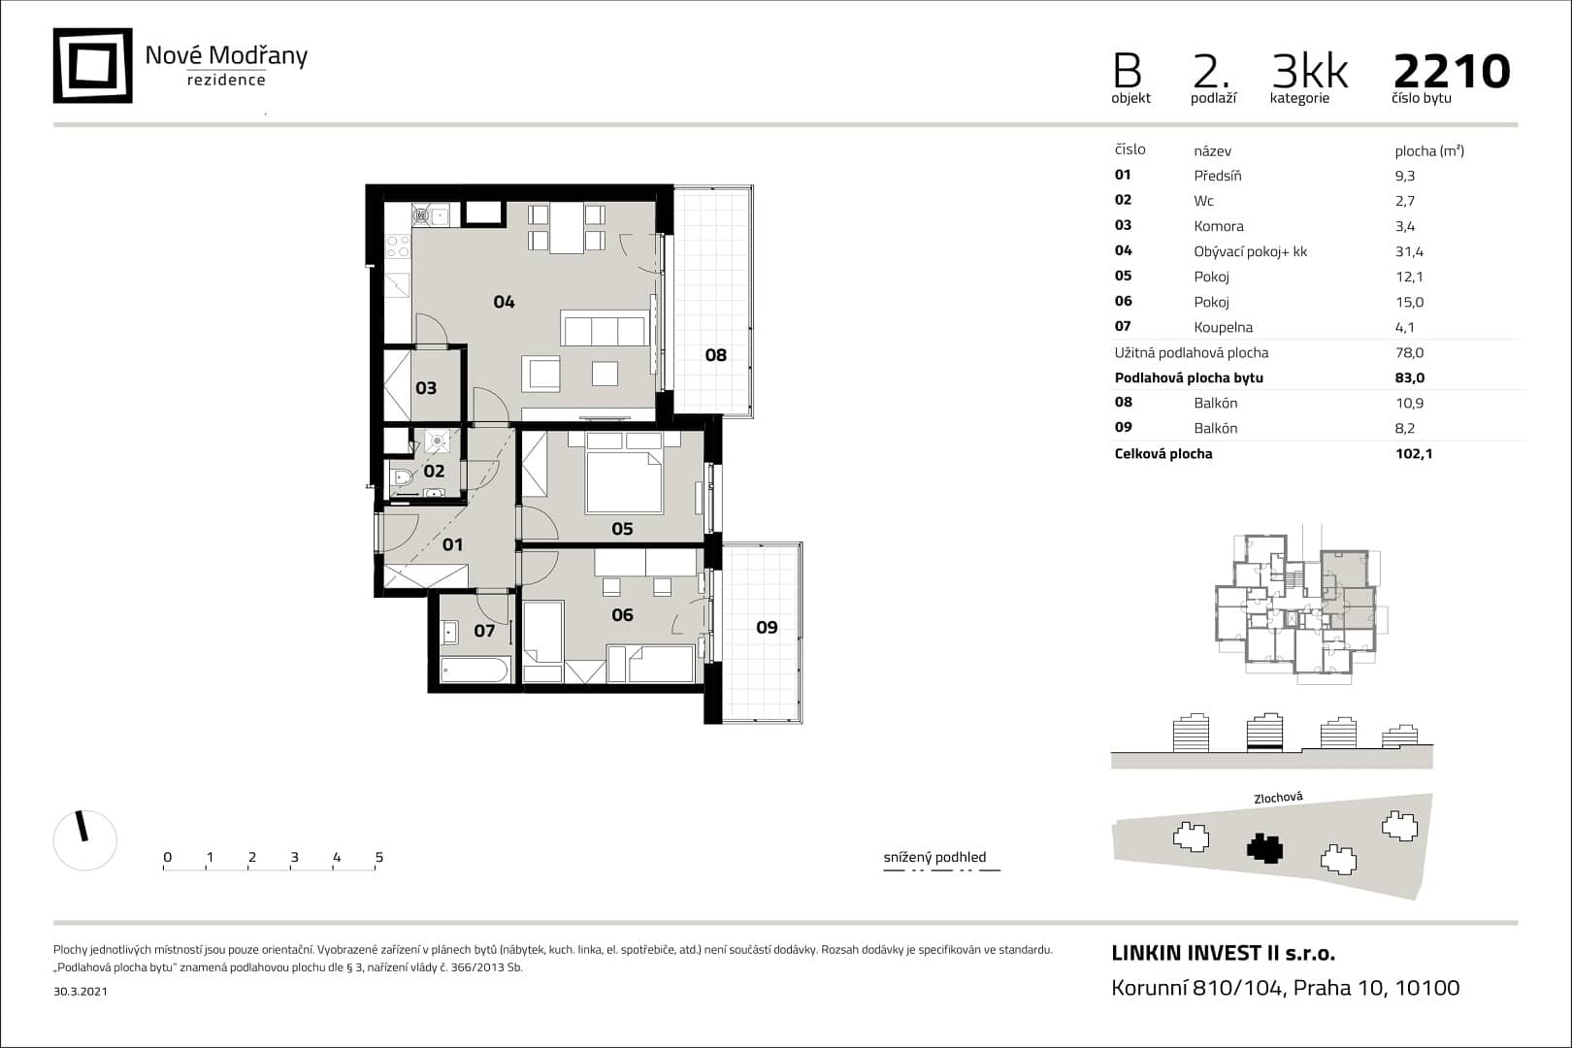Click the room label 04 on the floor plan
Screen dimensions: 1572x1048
504,302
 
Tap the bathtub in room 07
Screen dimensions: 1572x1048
475,670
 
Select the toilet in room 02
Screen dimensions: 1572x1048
403,477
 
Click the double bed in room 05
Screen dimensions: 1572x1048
624,481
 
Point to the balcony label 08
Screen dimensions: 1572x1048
716,355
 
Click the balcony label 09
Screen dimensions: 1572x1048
767,627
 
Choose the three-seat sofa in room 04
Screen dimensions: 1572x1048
605,328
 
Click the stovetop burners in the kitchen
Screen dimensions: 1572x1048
398,247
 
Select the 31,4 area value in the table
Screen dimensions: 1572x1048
1409,251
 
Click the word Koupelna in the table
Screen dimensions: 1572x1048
1224,327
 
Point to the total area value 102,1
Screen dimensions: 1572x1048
1414,453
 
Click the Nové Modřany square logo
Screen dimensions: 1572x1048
92,65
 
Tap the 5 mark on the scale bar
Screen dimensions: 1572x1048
379,857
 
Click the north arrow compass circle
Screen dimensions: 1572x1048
85,840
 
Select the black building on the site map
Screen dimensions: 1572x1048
1264,848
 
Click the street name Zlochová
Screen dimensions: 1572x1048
1278,798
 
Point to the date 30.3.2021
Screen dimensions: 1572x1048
81,991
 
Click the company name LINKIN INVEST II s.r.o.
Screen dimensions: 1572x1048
1224,953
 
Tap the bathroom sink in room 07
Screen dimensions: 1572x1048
449,633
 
